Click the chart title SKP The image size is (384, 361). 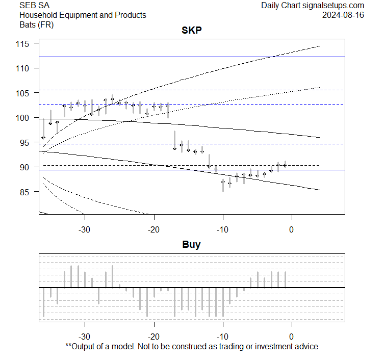[192, 31]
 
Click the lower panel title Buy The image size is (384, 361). [192, 245]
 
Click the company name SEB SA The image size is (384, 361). [32, 6]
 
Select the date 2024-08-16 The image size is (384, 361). [343, 15]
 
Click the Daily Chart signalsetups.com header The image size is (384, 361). [313, 6]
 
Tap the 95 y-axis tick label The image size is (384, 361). [27, 142]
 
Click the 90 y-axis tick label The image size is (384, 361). [27, 167]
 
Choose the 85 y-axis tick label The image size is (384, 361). [27, 192]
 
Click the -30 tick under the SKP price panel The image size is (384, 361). [85, 229]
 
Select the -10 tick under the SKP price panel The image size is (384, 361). [223, 229]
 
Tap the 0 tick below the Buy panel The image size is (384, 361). [291, 337]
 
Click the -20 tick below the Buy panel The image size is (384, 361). [154, 337]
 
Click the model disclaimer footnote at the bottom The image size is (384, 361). [192, 347]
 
